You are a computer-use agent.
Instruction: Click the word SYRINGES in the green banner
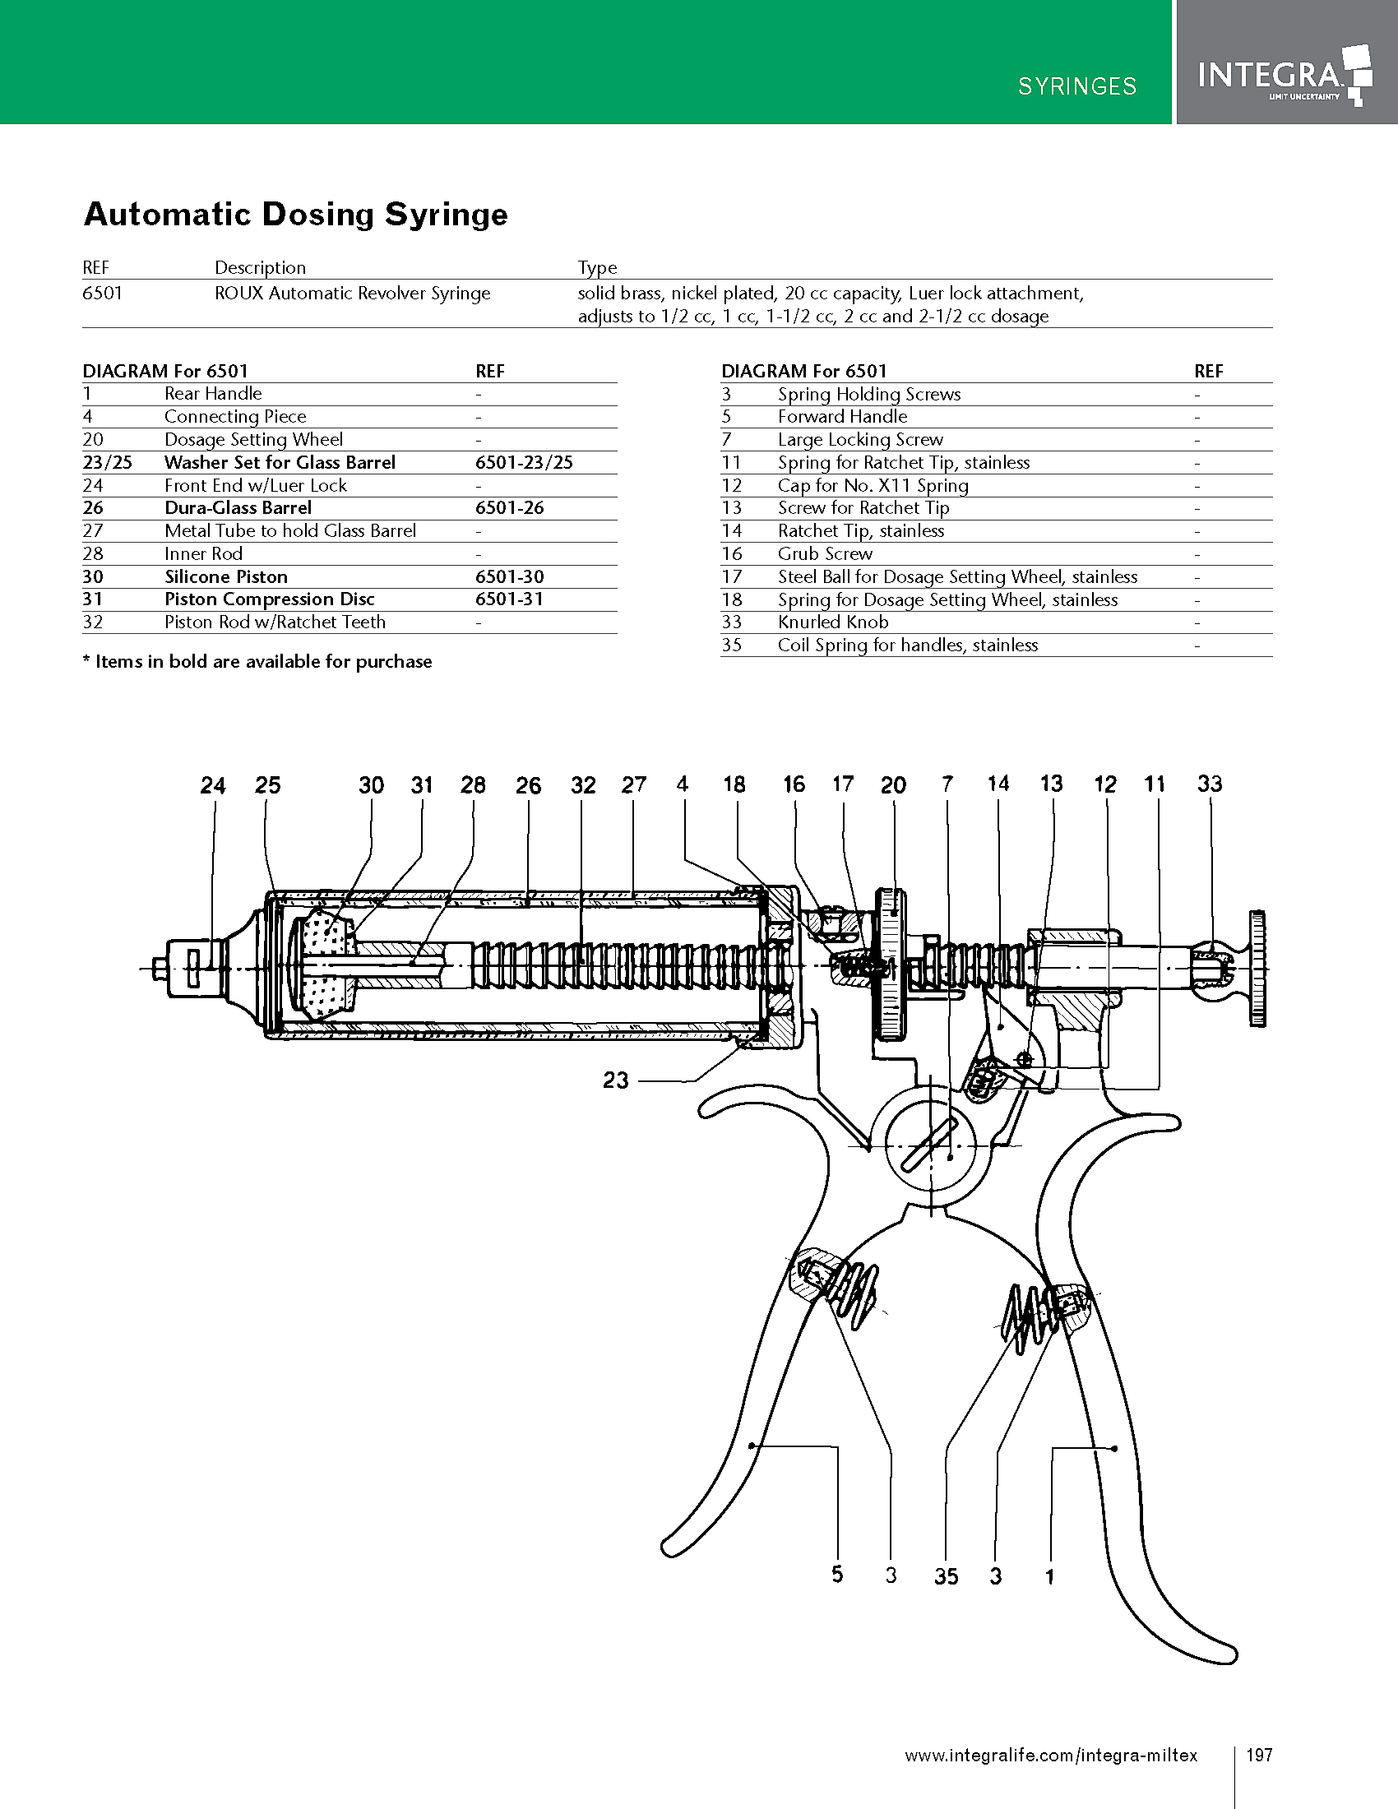[1076, 86]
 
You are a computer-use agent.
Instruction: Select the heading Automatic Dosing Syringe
[296, 215]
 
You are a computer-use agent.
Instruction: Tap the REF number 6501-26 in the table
[509, 507]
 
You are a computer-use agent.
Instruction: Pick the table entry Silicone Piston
[226, 576]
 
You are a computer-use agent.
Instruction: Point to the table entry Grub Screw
[825, 553]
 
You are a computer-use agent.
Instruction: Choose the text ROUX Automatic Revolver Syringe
[352, 294]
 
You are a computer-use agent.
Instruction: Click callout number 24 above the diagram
[213, 784]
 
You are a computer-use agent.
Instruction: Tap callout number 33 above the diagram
[1209, 783]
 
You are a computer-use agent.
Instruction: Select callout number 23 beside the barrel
[615, 1080]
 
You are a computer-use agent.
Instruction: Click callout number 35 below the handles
[946, 1576]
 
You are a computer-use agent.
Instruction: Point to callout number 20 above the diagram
[893, 784]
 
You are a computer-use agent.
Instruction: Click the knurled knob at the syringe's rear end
[1256, 968]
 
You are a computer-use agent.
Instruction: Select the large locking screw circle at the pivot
[931, 1145]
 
